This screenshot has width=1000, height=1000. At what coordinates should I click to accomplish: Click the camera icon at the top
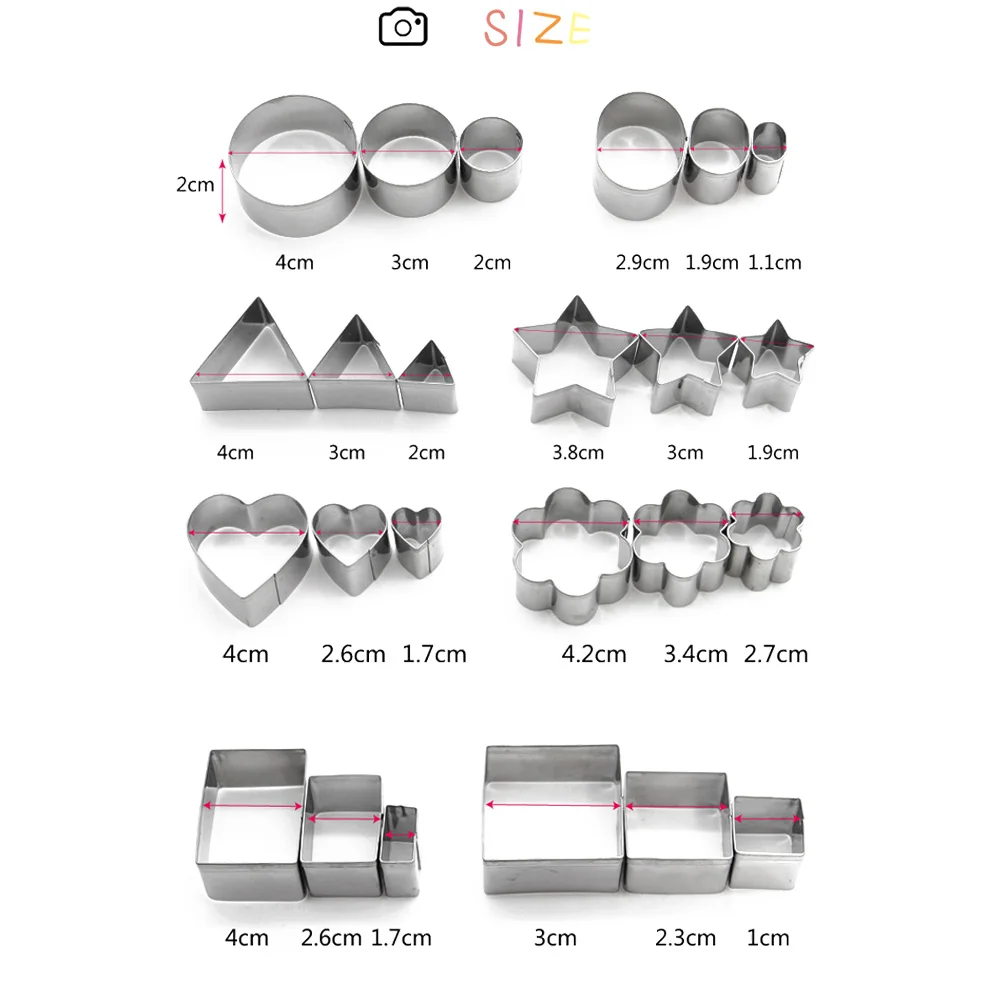(403, 27)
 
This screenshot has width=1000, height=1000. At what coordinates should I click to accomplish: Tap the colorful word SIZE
(537, 29)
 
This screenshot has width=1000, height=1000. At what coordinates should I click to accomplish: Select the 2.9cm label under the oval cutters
(642, 262)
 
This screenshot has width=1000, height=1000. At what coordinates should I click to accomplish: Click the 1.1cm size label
(774, 262)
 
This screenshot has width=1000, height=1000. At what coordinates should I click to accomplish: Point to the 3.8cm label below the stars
(578, 452)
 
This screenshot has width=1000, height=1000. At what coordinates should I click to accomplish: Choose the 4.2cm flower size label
(594, 654)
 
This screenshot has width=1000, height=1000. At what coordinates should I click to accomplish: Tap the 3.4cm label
(695, 654)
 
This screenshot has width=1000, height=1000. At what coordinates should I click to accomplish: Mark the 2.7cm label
(776, 654)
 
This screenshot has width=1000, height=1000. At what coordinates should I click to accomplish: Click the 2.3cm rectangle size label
(686, 938)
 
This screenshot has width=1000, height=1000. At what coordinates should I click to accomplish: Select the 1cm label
(768, 938)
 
